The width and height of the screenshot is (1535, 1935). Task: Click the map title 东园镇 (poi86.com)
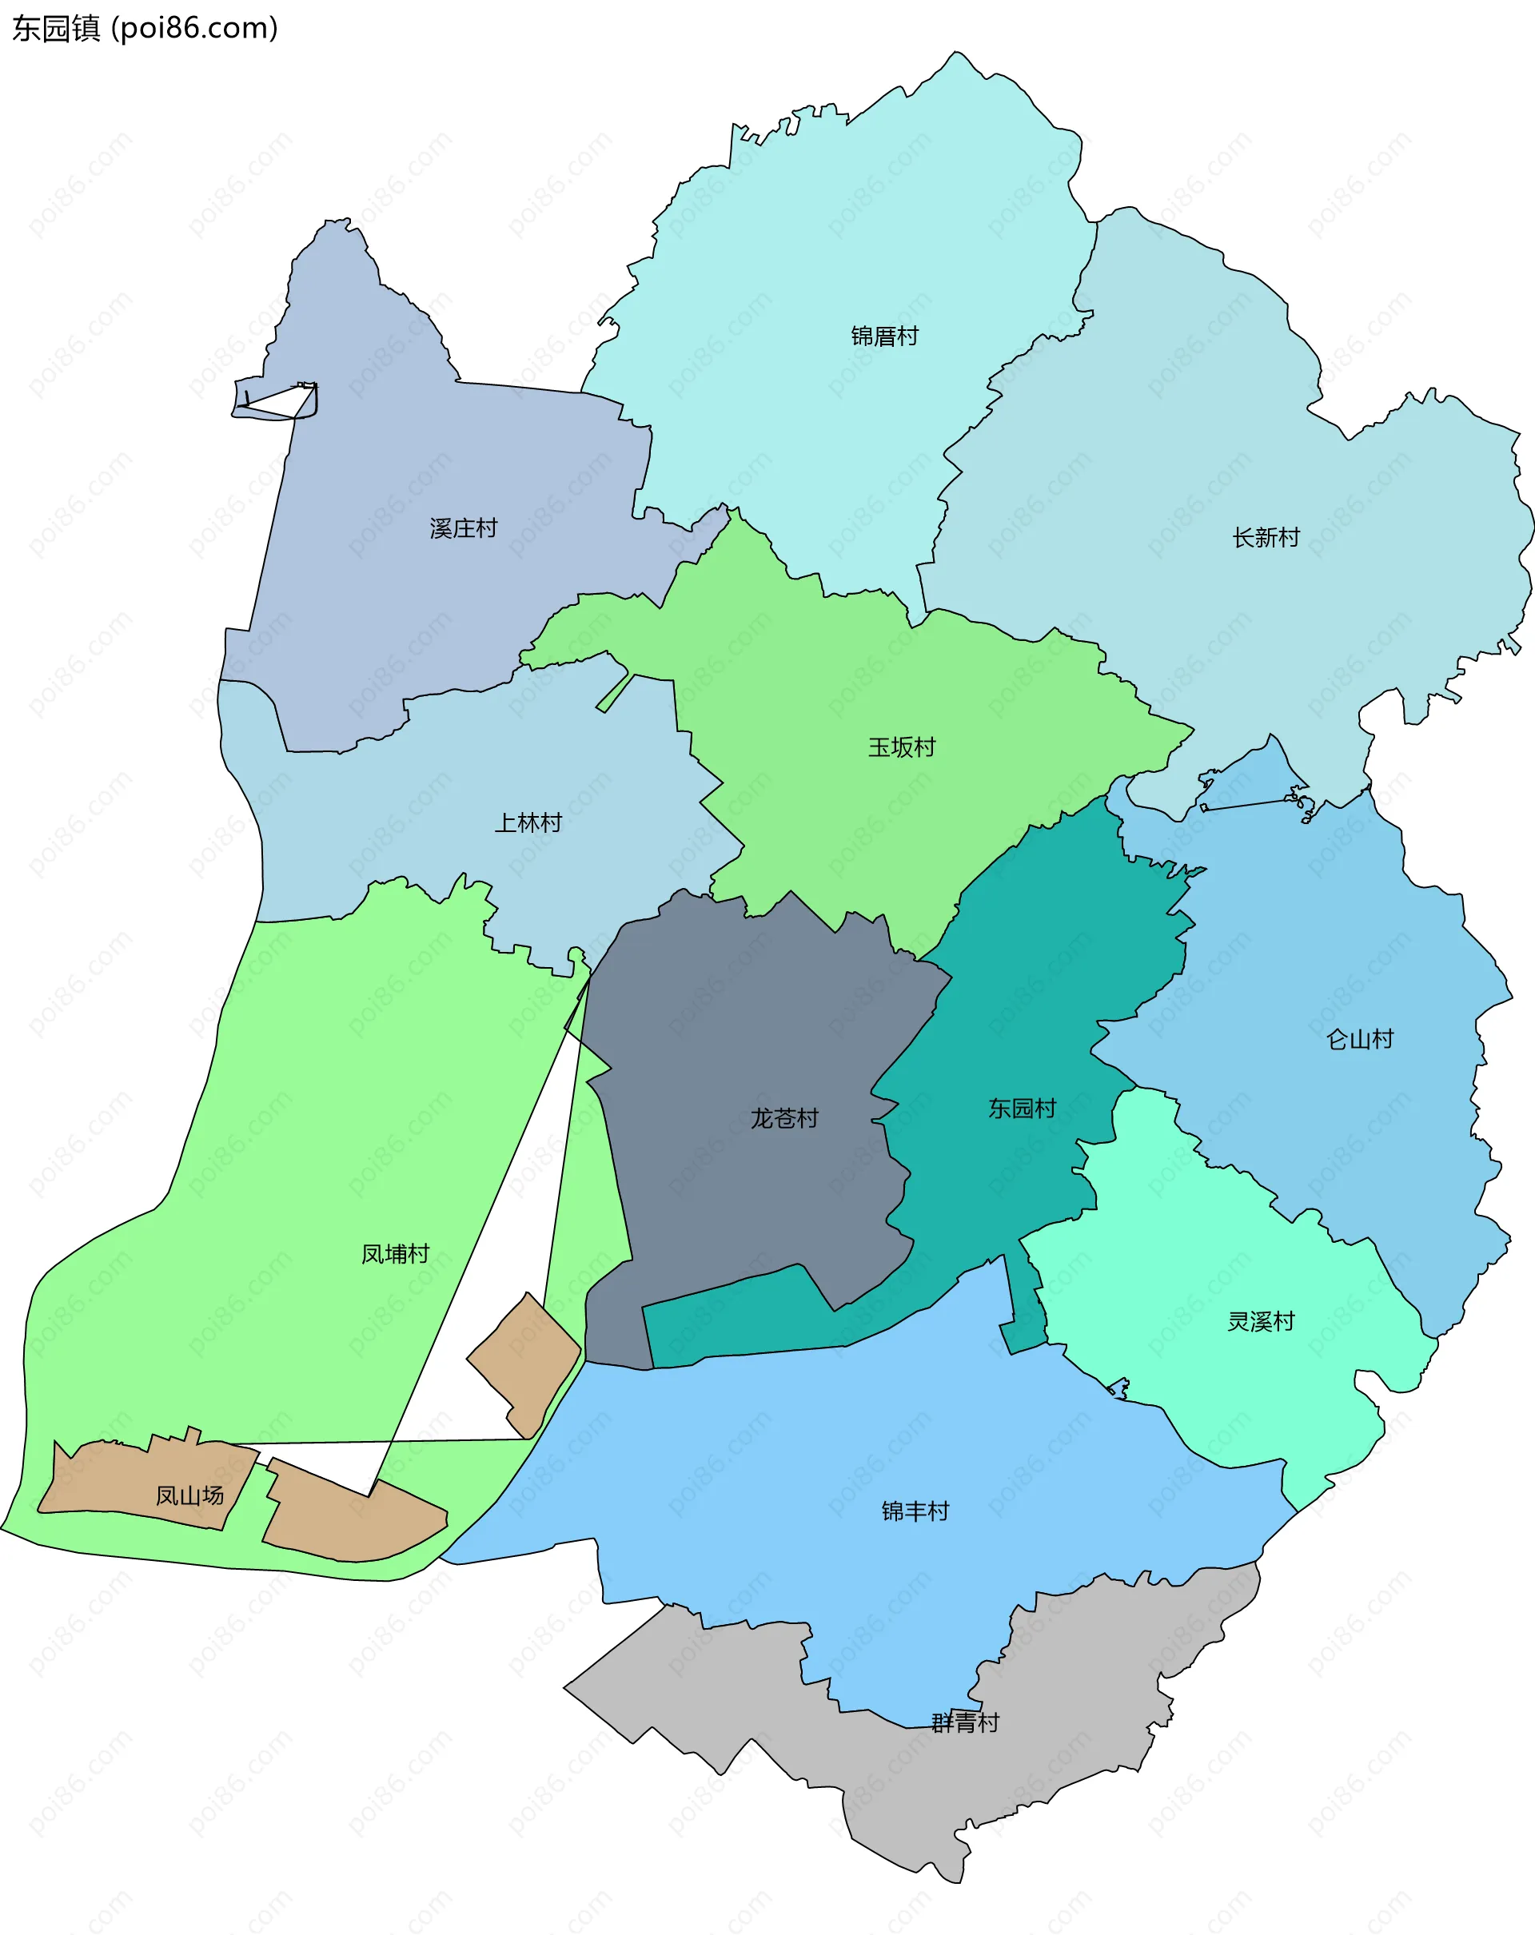(145, 29)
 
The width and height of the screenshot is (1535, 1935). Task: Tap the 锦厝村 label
(884, 336)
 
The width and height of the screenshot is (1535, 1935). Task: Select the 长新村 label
(1266, 538)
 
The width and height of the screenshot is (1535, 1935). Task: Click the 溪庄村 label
(463, 528)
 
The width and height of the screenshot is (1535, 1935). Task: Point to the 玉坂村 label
(901, 747)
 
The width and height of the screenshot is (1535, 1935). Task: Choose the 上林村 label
(528, 822)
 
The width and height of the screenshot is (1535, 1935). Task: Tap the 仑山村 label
(1359, 1039)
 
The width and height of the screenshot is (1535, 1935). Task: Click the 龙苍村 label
(784, 1118)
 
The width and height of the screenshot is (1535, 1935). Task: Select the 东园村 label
(1022, 1109)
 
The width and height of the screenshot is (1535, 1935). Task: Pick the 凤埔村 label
(395, 1254)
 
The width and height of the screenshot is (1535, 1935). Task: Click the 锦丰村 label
(915, 1511)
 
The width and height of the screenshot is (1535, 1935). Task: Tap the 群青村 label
(965, 1723)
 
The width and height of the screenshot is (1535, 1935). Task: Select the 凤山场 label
(189, 1495)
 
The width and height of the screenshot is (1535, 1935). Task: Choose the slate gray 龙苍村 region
(736, 1032)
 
